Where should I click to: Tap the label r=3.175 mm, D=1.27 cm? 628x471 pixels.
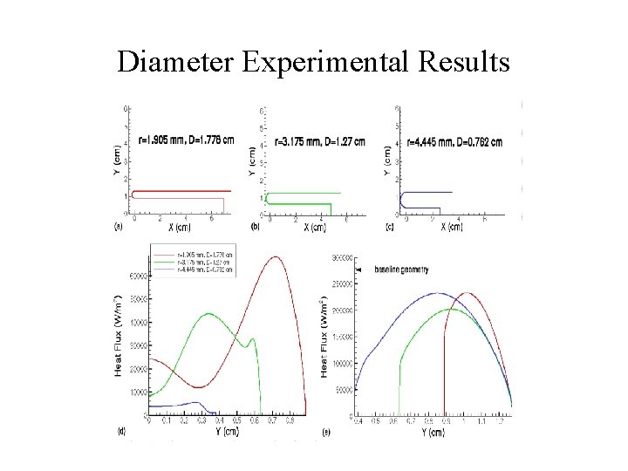[319, 140]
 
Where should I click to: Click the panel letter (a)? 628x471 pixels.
[118, 227]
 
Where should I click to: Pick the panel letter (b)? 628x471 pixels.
[255, 227]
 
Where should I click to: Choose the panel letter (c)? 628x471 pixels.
[388, 227]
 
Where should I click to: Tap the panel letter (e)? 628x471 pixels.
[326, 431]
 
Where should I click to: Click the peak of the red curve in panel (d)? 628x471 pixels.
[276, 256]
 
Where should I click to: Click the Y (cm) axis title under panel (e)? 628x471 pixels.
[429, 431]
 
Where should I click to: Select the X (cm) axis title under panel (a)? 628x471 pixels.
[178, 228]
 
